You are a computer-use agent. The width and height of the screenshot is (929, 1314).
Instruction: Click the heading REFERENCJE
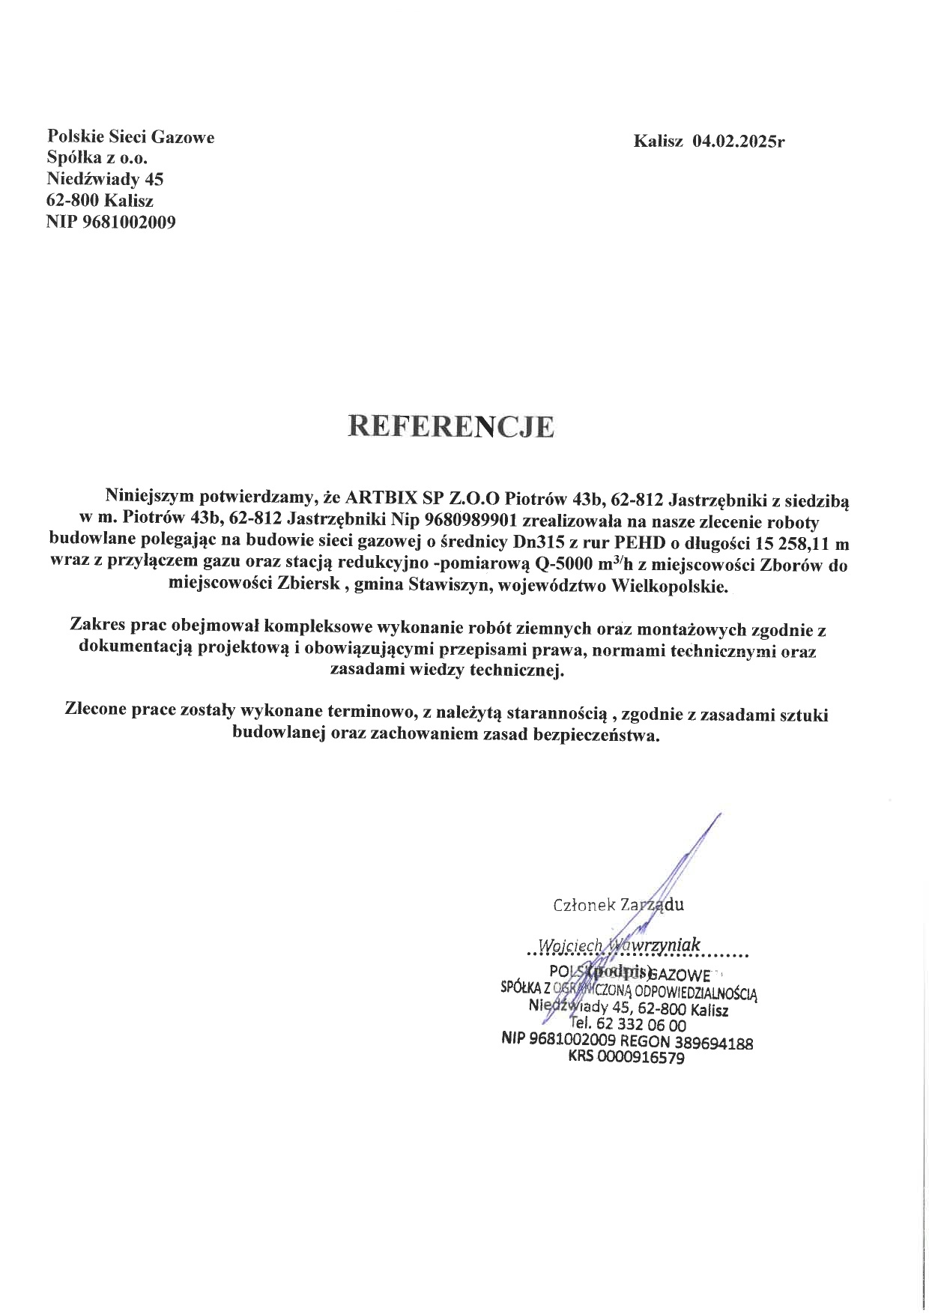point(451,427)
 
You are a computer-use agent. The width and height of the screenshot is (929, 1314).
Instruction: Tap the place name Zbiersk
point(309,586)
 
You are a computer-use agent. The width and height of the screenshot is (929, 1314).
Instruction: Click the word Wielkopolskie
point(670,586)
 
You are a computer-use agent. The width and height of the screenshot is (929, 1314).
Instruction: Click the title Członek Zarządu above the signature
point(618,905)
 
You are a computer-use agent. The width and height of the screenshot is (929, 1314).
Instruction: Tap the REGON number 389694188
point(713,1042)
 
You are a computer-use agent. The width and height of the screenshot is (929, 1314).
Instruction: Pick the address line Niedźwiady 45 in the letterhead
point(105,179)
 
